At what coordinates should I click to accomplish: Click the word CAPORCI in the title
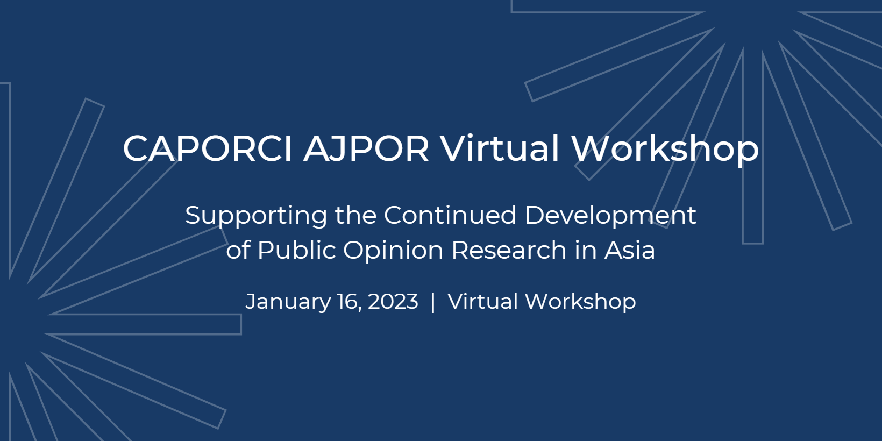(x=207, y=148)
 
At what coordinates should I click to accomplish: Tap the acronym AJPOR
(x=366, y=148)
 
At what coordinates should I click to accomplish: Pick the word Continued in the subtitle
(x=450, y=215)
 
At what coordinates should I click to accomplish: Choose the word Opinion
(x=393, y=251)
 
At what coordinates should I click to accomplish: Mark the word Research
(x=509, y=250)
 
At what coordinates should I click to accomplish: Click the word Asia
(x=630, y=250)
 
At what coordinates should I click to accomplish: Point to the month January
(x=288, y=302)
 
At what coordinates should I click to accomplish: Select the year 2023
(x=393, y=302)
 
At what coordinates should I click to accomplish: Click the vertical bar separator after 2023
(x=433, y=302)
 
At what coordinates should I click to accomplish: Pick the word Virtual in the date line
(x=483, y=301)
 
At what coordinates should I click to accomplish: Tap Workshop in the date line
(x=581, y=302)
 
